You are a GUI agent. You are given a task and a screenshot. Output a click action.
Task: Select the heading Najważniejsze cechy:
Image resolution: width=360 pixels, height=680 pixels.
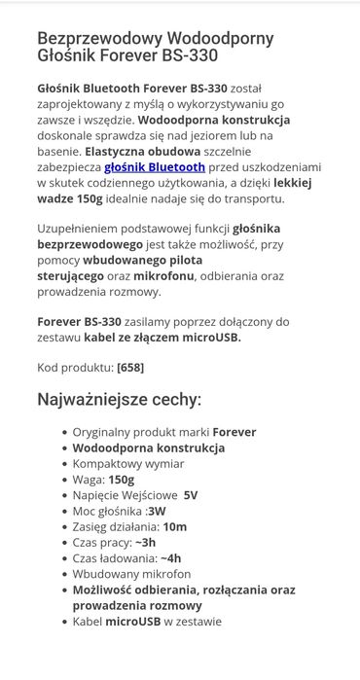(x=120, y=400)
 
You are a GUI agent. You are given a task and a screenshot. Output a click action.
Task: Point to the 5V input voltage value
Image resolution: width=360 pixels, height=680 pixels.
(x=191, y=495)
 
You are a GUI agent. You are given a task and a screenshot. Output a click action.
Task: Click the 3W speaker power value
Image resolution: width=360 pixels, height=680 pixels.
(x=157, y=511)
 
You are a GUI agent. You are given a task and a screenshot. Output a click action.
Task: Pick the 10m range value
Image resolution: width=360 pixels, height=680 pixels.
(x=175, y=526)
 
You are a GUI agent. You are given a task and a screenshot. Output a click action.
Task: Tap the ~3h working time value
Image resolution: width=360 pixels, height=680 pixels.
(x=144, y=543)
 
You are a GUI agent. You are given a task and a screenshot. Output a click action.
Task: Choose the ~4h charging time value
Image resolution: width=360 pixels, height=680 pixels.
(x=171, y=558)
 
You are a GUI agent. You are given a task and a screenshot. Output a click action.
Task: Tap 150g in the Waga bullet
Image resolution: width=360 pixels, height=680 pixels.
(x=122, y=480)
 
